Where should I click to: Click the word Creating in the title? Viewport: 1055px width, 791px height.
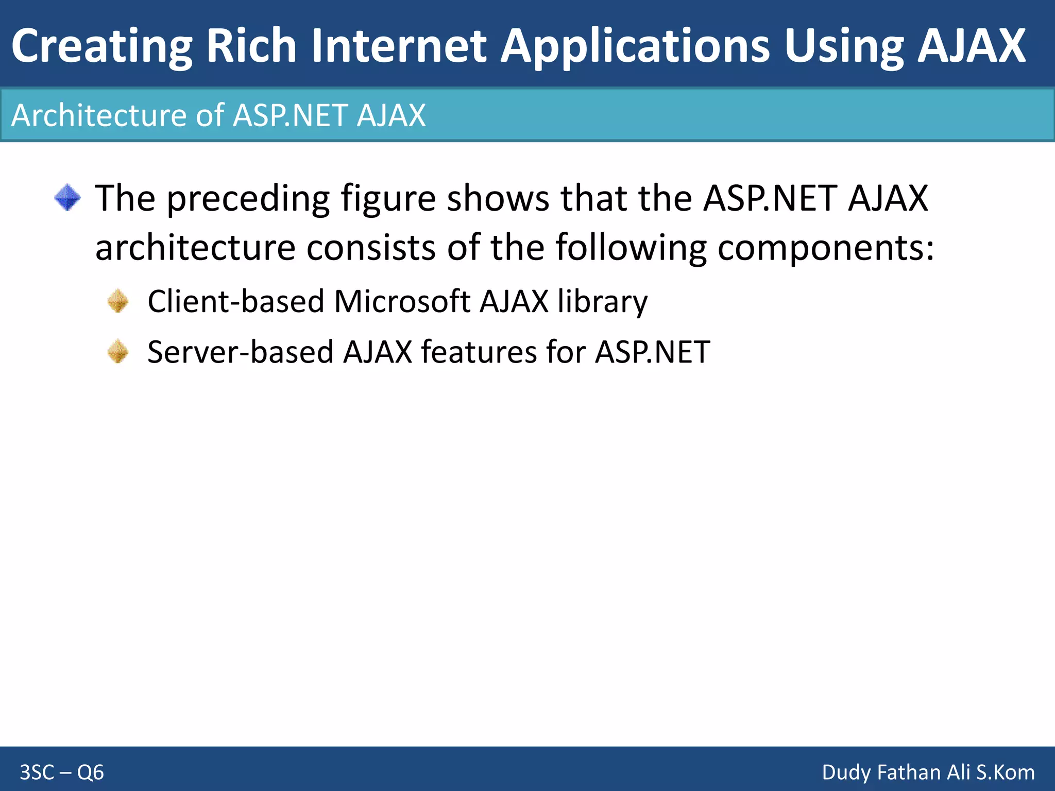(x=101, y=46)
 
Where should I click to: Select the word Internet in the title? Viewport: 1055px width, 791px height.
(x=399, y=46)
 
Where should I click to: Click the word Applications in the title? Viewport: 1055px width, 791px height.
(x=635, y=46)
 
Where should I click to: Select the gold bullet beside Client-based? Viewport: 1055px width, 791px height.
(x=118, y=301)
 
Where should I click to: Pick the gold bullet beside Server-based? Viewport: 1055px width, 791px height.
(x=118, y=352)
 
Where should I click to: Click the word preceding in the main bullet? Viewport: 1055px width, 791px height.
(x=248, y=199)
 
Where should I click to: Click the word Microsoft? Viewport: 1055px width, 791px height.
(x=402, y=301)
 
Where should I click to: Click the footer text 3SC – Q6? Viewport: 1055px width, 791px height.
(x=62, y=772)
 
